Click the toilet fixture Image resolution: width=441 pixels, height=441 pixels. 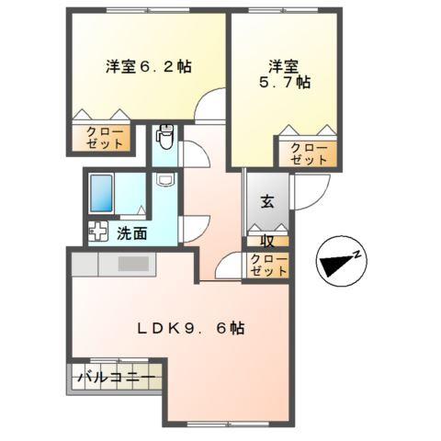164,138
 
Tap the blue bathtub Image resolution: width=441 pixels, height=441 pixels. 102,194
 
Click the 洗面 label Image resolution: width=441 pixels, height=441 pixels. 131,233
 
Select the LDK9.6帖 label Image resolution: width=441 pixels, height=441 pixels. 190,327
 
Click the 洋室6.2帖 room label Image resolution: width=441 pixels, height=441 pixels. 148,66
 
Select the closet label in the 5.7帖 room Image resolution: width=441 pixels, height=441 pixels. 308,153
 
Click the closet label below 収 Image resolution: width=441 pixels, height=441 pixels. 268,266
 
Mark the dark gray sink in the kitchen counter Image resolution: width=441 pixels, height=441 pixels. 132,264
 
